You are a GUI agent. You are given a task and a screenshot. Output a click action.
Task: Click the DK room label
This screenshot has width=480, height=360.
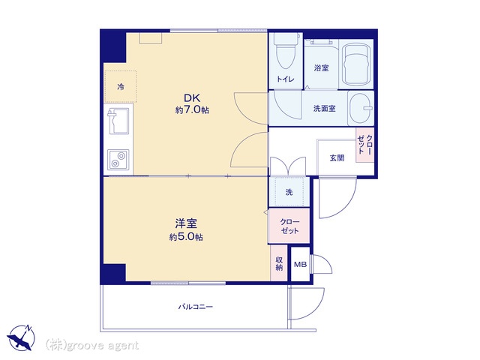(x=192, y=98)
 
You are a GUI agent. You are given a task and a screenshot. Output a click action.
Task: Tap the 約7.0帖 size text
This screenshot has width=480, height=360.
(x=192, y=110)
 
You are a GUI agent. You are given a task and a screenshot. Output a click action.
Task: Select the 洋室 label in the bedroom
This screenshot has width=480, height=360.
(x=186, y=223)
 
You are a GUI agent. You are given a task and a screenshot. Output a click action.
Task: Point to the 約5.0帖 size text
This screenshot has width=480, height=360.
(x=186, y=237)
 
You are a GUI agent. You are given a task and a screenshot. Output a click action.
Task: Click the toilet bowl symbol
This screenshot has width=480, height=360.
(x=285, y=51)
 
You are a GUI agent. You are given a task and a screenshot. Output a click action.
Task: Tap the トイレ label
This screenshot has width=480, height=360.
(x=285, y=79)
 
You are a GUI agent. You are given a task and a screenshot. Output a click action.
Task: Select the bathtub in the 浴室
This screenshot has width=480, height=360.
(x=356, y=65)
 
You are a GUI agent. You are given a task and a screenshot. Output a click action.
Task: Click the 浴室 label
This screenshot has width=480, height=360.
(x=321, y=67)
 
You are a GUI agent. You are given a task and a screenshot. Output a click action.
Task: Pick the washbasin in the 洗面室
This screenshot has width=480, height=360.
(x=361, y=108)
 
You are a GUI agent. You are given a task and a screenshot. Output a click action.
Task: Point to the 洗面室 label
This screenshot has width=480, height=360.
(x=325, y=108)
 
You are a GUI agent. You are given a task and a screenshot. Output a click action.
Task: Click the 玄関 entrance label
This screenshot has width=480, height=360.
(x=337, y=158)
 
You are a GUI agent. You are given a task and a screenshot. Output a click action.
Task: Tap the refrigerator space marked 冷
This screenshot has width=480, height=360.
(x=121, y=87)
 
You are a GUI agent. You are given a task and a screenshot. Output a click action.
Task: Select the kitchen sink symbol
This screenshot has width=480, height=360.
(x=118, y=121)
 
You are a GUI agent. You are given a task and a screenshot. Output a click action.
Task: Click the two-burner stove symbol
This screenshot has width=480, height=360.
(x=118, y=160)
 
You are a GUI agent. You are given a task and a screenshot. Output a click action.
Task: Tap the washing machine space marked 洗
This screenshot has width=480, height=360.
(x=289, y=192)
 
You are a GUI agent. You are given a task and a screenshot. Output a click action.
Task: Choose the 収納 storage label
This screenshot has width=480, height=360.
(x=279, y=263)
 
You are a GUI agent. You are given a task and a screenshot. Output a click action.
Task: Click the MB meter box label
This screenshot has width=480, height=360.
(x=300, y=265)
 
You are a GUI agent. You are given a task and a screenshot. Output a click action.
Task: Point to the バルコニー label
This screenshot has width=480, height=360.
(x=196, y=307)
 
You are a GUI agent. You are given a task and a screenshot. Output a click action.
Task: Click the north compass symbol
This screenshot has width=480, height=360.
(x=21, y=337)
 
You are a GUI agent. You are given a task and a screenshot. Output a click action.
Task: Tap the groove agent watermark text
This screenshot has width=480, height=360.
(x=92, y=346)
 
